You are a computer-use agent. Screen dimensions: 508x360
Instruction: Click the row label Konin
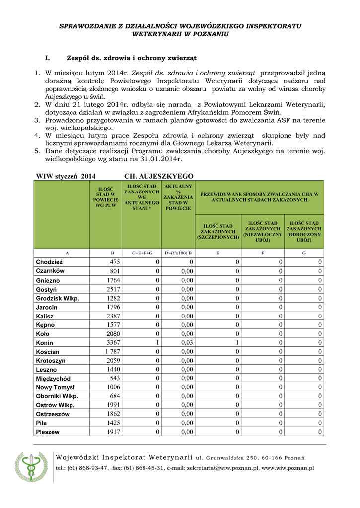pyautogui.click(x=45, y=343)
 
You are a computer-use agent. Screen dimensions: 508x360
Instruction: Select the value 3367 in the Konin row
pyautogui.click(x=113, y=343)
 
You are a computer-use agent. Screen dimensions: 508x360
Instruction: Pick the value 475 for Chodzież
pyautogui.click(x=115, y=262)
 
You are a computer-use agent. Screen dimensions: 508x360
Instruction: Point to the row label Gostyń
pyautogui.click(x=46, y=289)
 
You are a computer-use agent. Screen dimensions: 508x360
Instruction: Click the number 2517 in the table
pyautogui.click(x=113, y=289)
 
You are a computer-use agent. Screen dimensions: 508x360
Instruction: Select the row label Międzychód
pyautogui.click(x=53, y=379)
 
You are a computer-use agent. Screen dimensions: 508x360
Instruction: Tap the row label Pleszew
pyautogui.click(x=48, y=432)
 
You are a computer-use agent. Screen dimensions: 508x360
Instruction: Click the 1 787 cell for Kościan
pyautogui.click(x=112, y=352)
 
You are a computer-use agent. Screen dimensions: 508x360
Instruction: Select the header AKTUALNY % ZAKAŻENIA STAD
pyautogui.click(x=178, y=197)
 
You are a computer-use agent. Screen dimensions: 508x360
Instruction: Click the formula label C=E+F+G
pyautogui.click(x=142, y=253)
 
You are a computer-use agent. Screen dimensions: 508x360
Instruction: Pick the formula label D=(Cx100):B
pyautogui.click(x=178, y=253)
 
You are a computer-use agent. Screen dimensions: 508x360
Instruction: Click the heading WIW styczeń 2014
pyautogui.click(x=66, y=176)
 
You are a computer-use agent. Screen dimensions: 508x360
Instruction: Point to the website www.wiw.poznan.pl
pyautogui.click(x=288, y=468)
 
